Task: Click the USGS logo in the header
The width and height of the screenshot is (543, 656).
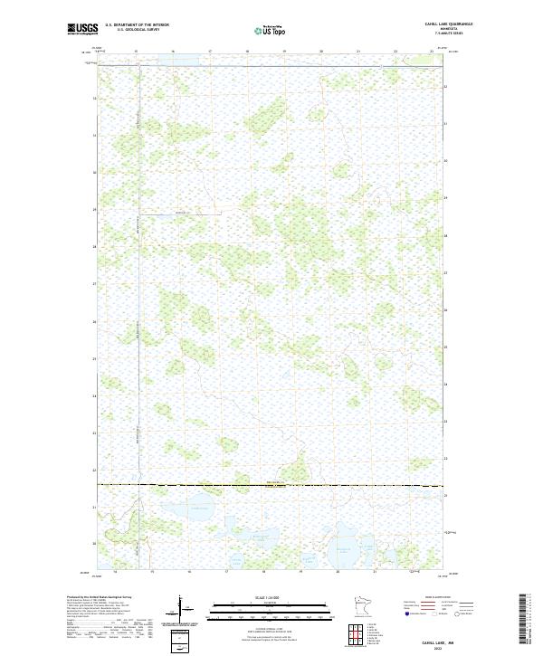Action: (82, 29)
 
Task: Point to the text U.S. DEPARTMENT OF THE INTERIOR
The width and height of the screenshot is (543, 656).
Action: (137, 25)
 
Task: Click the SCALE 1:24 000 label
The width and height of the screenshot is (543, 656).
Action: (270, 597)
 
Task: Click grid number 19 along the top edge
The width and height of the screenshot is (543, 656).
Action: (284, 52)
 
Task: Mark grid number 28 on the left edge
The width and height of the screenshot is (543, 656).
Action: (95, 246)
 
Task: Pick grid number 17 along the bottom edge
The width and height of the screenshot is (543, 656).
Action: (225, 572)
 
